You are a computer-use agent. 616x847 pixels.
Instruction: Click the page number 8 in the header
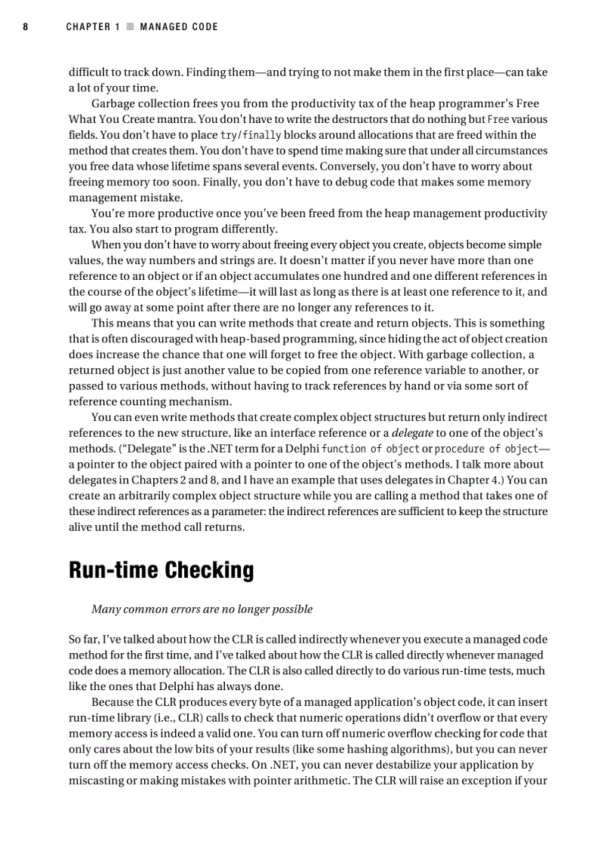(x=26, y=26)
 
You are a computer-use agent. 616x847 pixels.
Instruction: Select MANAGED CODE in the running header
(x=179, y=26)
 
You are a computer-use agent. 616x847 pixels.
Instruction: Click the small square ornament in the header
(x=130, y=26)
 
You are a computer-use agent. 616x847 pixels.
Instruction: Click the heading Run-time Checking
(x=161, y=570)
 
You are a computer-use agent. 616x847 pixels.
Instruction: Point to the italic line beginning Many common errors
(x=202, y=609)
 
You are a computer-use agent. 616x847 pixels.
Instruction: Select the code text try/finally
(x=250, y=135)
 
